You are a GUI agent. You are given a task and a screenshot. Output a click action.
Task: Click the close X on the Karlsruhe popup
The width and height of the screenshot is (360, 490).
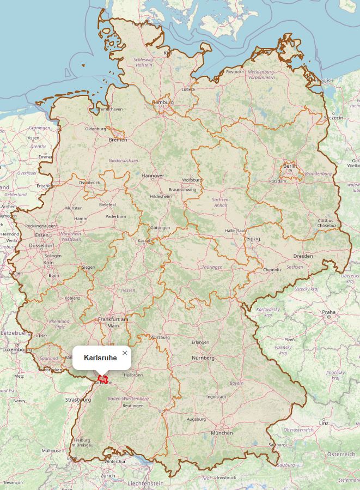tap(125, 353)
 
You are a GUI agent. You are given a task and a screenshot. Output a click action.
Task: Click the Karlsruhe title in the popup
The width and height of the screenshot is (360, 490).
tap(100, 358)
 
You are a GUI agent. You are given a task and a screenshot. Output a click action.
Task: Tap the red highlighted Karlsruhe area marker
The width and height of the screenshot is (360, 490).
tap(102, 379)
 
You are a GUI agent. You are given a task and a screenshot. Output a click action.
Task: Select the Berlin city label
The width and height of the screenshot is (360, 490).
tap(290, 166)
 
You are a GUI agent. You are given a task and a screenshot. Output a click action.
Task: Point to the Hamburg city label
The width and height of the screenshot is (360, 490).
tap(162, 102)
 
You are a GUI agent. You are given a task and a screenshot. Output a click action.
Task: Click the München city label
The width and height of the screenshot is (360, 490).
tap(222, 433)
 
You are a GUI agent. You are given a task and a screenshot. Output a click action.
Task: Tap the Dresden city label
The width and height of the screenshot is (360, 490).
tap(303, 256)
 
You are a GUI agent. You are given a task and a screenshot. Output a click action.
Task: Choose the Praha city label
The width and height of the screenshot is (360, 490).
tap(328, 312)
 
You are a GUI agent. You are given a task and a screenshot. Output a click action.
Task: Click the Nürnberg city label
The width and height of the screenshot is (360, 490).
tap(203, 358)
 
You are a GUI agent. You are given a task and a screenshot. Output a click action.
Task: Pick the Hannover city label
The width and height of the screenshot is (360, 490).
tap(152, 176)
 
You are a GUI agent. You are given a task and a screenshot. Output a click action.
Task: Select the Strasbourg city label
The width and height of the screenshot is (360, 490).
tap(78, 400)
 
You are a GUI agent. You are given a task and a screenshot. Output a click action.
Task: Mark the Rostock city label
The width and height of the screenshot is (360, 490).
tap(234, 71)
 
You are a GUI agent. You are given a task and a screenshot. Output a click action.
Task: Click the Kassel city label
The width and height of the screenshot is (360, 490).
tap(144, 240)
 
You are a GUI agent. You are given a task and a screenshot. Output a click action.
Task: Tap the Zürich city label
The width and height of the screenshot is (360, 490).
tap(107, 475)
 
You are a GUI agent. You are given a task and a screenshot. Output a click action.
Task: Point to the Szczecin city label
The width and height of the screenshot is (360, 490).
tap(333, 117)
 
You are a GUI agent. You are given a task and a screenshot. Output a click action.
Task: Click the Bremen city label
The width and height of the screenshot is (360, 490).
tap(118, 140)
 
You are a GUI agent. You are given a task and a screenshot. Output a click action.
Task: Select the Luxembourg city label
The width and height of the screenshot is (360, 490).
tap(15, 349)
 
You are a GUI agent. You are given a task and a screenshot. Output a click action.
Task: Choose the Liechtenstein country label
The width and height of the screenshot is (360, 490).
tap(145, 483)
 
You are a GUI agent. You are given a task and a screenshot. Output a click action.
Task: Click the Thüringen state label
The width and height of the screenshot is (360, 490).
tap(212, 268)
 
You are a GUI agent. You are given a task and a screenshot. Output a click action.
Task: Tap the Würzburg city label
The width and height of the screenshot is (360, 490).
tap(160, 337)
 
